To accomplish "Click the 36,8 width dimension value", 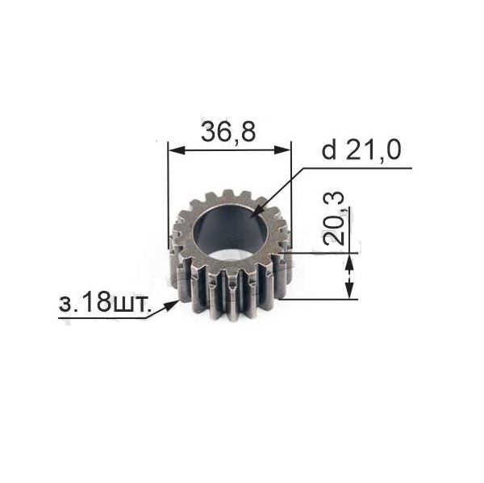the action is tap(228, 131).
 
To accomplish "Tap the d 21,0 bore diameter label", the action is tap(361, 150).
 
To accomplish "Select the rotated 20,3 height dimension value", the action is tap(333, 218).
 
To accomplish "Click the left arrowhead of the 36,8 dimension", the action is tap(177, 150).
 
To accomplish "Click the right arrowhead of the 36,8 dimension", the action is tap(282, 150).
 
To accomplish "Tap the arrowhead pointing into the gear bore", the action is tap(260, 210).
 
